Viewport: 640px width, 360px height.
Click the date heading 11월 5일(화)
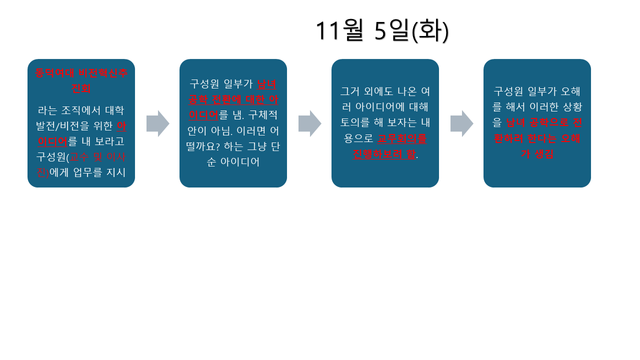[x=382, y=31]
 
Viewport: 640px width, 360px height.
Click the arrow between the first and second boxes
[x=158, y=124]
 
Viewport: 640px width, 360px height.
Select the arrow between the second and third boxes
[x=310, y=124]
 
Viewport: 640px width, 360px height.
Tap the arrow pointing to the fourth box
[x=462, y=124]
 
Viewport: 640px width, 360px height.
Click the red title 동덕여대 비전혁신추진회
[x=82, y=80]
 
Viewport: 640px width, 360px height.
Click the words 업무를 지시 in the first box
[x=104, y=172]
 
